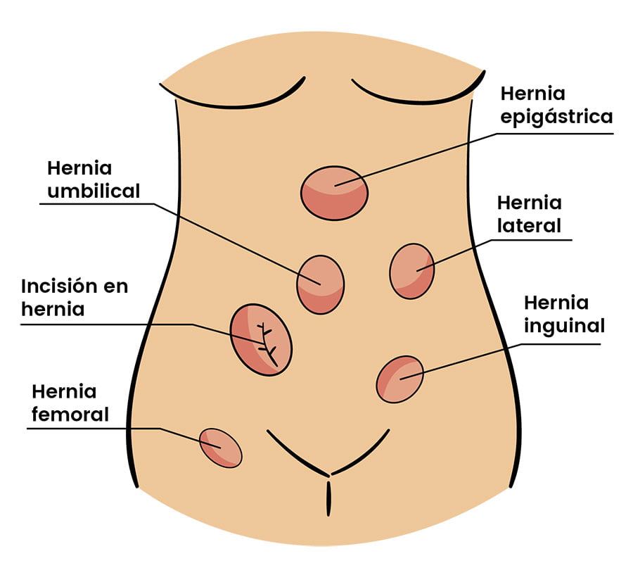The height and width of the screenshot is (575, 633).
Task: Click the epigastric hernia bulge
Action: [x=334, y=193]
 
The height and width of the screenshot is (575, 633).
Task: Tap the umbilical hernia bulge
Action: [x=321, y=284]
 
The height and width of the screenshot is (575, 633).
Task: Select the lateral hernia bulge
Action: [x=412, y=271]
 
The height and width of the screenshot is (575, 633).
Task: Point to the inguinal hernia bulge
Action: [x=400, y=379]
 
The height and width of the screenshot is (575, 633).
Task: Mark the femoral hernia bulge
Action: [x=221, y=448]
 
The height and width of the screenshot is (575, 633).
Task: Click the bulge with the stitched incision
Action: [x=261, y=340]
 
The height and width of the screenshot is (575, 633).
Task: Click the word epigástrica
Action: [x=557, y=118]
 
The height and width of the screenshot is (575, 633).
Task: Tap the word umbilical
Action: [x=94, y=191]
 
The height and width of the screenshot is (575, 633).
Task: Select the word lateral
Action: [x=529, y=225]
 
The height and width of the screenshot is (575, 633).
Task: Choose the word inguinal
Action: [x=564, y=327]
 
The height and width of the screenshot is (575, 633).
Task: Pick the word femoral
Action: [x=70, y=415]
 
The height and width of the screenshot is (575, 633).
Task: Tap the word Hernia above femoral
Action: [x=64, y=391]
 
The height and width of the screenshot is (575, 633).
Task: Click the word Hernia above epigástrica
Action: [x=533, y=94]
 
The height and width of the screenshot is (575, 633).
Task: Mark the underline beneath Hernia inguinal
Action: [x=560, y=344]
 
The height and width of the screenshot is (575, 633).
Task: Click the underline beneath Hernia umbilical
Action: [x=97, y=203]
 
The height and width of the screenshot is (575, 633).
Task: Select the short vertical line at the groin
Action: [x=328, y=498]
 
